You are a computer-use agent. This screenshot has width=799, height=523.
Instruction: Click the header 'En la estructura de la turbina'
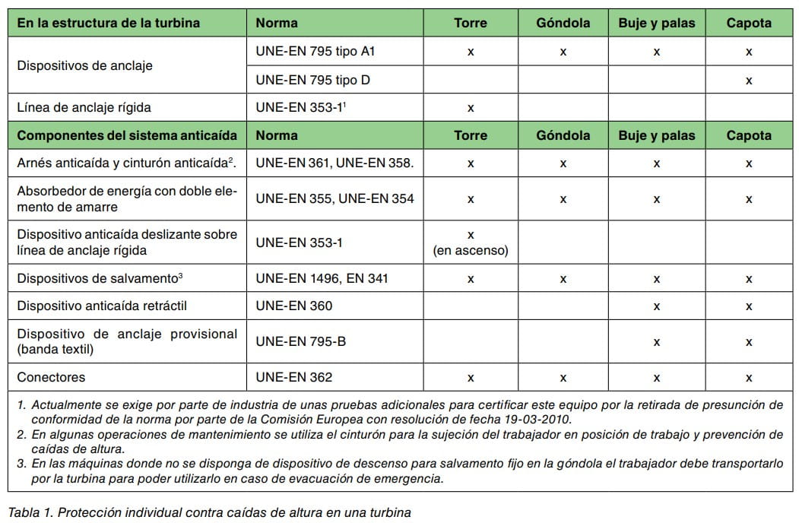pyautogui.click(x=108, y=23)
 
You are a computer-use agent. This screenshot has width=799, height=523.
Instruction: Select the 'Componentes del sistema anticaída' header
pyautogui.click(x=127, y=135)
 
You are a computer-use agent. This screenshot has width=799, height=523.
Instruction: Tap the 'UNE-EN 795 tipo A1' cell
pyautogui.click(x=315, y=51)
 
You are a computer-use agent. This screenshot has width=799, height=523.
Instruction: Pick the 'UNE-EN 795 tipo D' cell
pyautogui.click(x=312, y=79)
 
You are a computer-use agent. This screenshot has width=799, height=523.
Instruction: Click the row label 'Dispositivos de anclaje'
pyautogui.click(x=84, y=65)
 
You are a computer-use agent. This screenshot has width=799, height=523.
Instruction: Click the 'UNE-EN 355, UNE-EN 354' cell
pyautogui.click(x=335, y=198)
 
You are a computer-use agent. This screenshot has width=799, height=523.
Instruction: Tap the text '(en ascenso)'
pyautogui.click(x=471, y=250)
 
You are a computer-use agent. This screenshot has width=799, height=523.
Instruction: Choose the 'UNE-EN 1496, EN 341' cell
pyautogui.click(x=322, y=278)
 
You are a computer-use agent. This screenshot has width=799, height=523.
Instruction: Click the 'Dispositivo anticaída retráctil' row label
pyautogui.click(x=102, y=306)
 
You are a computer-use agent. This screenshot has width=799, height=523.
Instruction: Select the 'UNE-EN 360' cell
pyautogui.click(x=293, y=306)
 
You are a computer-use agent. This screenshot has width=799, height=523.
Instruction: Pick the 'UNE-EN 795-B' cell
pyautogui.click(x=300, y=341)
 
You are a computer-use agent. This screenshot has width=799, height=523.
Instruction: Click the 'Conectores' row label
pyautogui.click(x=51, y=377)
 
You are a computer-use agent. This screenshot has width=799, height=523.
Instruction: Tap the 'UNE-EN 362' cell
pyautogui.click(x=293, y=377)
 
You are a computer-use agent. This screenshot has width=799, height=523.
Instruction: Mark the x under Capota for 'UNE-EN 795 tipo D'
pyautogui.click(x=749, y=80)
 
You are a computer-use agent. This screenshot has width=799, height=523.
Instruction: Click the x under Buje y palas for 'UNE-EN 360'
pyautogui.click(x=656, y=306)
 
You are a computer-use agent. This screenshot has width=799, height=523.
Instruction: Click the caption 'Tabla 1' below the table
pyautogui.click(x=28, y=512)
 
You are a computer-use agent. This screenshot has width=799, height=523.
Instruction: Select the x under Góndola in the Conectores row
pyautogui.click(x=563, y=378)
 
